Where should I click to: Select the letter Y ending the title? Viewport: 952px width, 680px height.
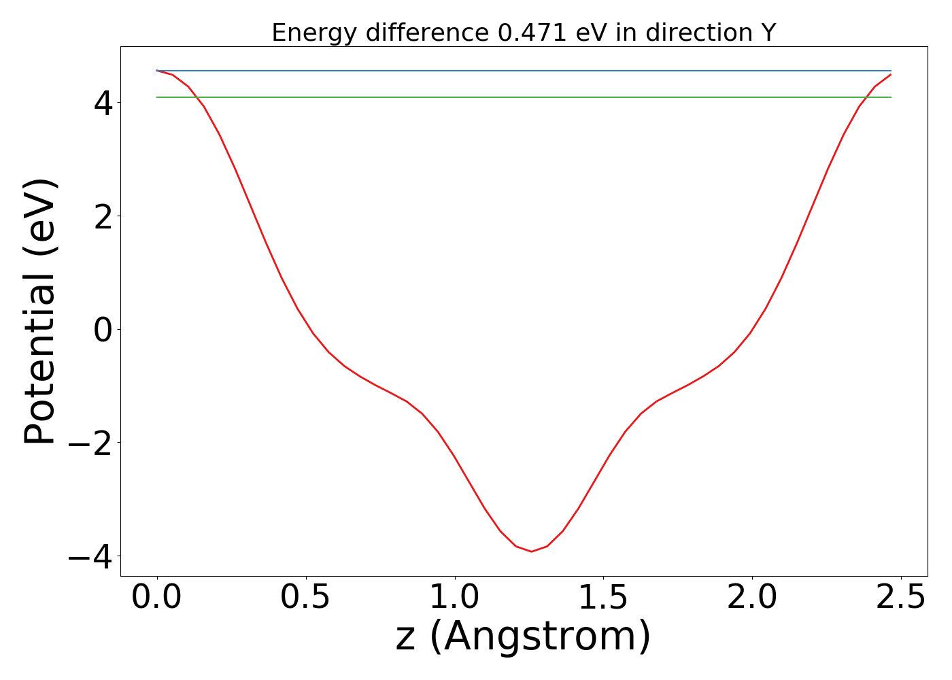768,33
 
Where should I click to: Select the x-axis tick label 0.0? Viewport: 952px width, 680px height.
157,598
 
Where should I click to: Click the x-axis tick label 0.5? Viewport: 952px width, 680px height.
306,598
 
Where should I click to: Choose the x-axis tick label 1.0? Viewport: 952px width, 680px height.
455,598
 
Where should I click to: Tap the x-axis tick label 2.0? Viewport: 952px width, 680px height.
752,598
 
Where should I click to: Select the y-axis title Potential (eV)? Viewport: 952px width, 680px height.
41,311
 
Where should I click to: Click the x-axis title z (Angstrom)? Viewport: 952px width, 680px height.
524,637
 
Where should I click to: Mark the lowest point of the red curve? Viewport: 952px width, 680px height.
531,551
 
